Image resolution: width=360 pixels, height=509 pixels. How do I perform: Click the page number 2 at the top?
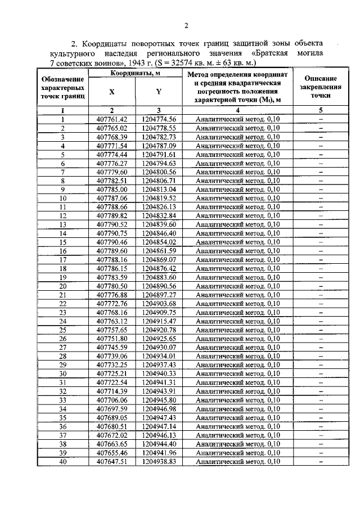(186, 25)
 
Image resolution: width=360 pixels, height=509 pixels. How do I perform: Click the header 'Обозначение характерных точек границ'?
(64, 88)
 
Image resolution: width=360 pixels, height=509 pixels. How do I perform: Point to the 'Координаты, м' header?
(135, 74)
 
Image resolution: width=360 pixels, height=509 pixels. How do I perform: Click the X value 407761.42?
(112, 119)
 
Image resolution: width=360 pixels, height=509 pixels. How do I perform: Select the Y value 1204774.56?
(159, 119)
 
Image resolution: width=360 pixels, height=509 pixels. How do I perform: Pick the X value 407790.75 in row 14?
(112, 233)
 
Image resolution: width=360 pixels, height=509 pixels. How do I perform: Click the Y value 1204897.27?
(159, 295)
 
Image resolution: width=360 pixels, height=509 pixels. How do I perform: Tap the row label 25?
(63, 330)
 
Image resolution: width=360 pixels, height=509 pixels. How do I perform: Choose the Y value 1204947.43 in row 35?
(159, 418)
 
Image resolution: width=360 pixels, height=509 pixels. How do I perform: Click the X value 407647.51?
(112, 462)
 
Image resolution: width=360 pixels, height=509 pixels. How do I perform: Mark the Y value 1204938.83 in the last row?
(159, 462)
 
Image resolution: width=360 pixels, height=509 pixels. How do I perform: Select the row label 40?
(63, 462)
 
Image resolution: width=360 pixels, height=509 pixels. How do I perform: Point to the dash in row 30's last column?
(321, 374)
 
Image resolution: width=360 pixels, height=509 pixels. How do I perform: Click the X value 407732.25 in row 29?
(112, 365)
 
